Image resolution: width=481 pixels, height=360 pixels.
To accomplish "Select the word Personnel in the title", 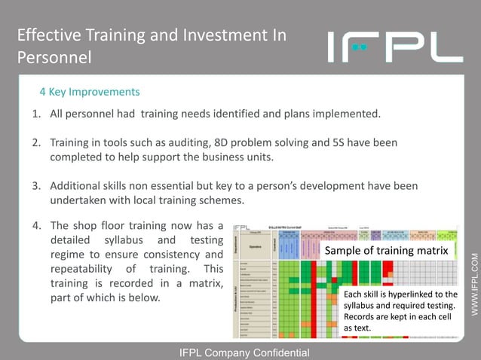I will coord(54,57).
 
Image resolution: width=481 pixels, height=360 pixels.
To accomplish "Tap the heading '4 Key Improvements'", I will coord(90,92).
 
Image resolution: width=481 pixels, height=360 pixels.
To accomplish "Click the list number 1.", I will coord(35,114).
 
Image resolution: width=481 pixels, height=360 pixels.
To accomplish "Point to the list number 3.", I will coord(35,186).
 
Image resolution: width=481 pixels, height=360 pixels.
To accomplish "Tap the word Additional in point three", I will coord(77,186).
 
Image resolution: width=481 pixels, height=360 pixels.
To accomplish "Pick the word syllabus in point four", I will coord(128,240).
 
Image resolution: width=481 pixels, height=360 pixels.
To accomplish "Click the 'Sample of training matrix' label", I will coord(386,249).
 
